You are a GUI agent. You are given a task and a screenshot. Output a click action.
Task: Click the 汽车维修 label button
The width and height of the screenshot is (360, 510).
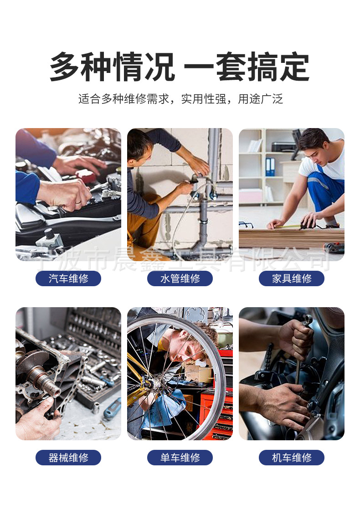pyautogui.click(x=68, y=278)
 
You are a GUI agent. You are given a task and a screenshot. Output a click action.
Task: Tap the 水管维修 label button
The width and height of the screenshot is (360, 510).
pyautogui.click(x=180, y=278)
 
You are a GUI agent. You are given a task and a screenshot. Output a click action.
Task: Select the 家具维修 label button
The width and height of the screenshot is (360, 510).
pyautogui.click(x=292, y=278)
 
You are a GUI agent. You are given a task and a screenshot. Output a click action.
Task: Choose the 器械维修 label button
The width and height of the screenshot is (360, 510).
pyautogui.click(x=68, y=458)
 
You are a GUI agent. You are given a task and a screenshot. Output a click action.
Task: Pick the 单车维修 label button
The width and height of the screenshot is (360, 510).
pyautogui.click(x=180, y=458)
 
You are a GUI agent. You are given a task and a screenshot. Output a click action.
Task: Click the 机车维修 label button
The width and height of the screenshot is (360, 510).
pyautogui.click(x=292, y=458)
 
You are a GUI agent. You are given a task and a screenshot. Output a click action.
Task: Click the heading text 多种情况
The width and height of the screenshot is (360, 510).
pyautogui.click(x=112, y=67)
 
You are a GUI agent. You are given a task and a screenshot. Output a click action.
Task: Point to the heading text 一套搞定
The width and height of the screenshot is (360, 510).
pyautogui.click(x=247, y=67)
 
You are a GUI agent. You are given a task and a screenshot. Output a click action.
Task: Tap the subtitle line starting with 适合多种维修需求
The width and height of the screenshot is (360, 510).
pyautogui.click(x=180, y=99)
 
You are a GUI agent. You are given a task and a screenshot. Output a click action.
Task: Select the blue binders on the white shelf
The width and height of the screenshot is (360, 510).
pyautogui.click(x=270, y=167)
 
